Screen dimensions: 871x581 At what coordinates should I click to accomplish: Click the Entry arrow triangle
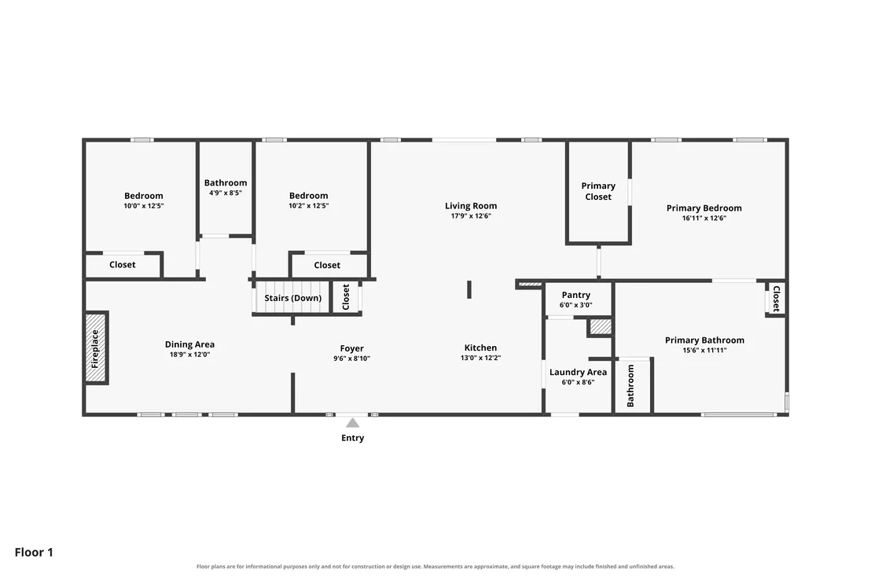tap(353, 423)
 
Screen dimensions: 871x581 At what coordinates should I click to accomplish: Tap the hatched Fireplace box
tap(96, 347)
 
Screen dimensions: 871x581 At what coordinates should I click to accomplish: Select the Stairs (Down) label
tap(292, 298)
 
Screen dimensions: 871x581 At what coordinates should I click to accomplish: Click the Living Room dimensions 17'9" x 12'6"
tap(471, 216)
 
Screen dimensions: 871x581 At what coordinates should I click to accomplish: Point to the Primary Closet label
tap(598, 191)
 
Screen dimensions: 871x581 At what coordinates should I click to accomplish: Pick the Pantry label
tap(576, 295)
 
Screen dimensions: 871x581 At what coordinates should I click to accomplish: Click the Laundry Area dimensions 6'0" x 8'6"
tap(578, 382)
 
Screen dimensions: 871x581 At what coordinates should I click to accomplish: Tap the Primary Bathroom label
tap(704, 340)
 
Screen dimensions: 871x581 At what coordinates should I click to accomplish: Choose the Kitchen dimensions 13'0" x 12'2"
tap(480, 358)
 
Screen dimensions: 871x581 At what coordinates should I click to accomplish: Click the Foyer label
tap(351, 349)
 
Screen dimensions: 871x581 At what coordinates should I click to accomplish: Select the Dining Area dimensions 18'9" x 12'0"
tap(189, 355)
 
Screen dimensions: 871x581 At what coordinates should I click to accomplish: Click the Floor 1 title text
tap(34, 552)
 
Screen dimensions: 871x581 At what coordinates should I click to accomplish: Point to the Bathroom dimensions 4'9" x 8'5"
tap(226, 193)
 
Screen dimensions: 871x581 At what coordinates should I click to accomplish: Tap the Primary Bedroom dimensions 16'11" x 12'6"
tap(704, 219)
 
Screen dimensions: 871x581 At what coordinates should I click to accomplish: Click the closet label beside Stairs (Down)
tap(346, 297)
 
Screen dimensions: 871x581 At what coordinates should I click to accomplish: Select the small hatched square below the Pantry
tap(601, 326)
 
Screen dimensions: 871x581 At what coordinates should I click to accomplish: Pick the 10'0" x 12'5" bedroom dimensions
tap(143, 206)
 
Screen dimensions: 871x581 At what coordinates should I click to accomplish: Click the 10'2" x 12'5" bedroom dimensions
tap(308, 205)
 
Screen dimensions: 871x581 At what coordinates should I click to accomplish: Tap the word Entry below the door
tap(353, 438)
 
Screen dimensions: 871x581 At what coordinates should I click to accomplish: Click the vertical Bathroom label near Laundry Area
tap(630, 386)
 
